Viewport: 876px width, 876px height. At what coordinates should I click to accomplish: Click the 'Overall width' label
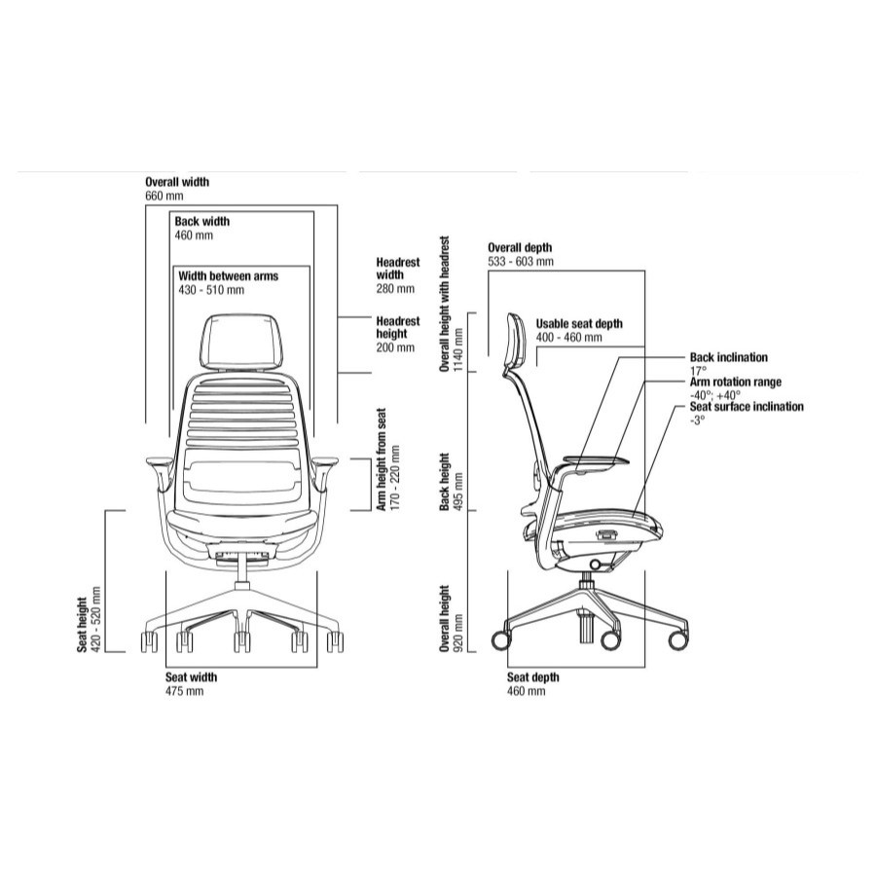pyautogui.click(x=177, y=182)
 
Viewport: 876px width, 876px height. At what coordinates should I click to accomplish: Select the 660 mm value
pyautogui.click(x=164, y=196)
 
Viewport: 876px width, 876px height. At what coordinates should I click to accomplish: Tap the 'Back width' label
pyautogui.click(x=202, y=222)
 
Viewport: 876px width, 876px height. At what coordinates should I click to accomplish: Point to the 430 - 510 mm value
pyautogui.click(x=211, y=290)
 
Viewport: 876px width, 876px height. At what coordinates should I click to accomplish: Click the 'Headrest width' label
pyautogui.click(x=397, y=269)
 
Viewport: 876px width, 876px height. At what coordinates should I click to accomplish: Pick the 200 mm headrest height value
pyautogui.click(x=394, y=347)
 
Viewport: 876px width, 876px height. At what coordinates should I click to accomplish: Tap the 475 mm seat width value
pyautogui.click(x=185, y=691)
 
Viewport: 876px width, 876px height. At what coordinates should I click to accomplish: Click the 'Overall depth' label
pyautogui.click(x=520, y=248)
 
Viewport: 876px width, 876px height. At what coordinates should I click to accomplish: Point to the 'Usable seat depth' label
pyautogui.click(x=579, y=324)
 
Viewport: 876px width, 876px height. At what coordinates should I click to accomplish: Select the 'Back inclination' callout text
pyautogui.click(x=729, y=358)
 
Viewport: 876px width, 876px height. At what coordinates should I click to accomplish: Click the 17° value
pyautogui.click(x=698, y=371)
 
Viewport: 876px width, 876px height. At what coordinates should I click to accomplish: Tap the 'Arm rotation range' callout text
pyautogui.click(x=736, y=383)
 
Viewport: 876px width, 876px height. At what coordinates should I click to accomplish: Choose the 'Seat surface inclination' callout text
pyautogui.click(x=747, y=407)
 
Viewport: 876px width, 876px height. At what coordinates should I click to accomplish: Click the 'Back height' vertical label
pyautogui.click(x=445, y=481)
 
